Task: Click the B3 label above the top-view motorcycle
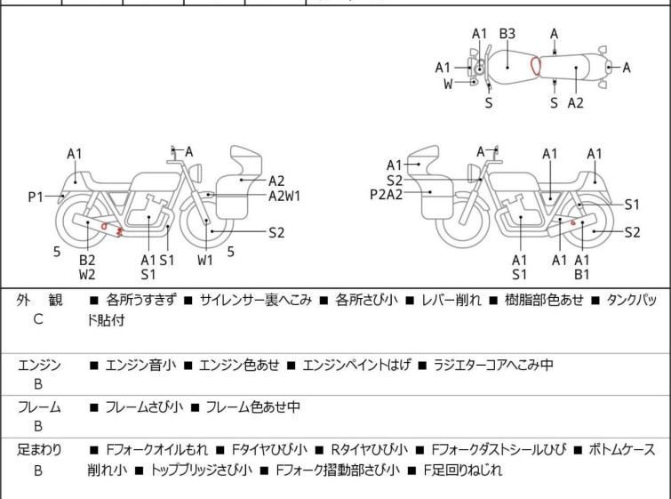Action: point(507,34)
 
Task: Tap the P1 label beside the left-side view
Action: point(35,197)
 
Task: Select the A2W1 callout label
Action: point(284,197)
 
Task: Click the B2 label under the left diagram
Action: point(87,260)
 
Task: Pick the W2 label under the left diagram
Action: point(87,275)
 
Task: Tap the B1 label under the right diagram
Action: point(582,275)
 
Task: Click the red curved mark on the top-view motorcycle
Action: point(535,66)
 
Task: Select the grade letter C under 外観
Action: point(38,319)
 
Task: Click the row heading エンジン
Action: point(39,365)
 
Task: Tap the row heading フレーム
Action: point(39,407)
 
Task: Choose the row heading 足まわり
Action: point(39,450)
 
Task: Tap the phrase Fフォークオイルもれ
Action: point(159,450)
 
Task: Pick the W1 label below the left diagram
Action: point(205,260)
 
